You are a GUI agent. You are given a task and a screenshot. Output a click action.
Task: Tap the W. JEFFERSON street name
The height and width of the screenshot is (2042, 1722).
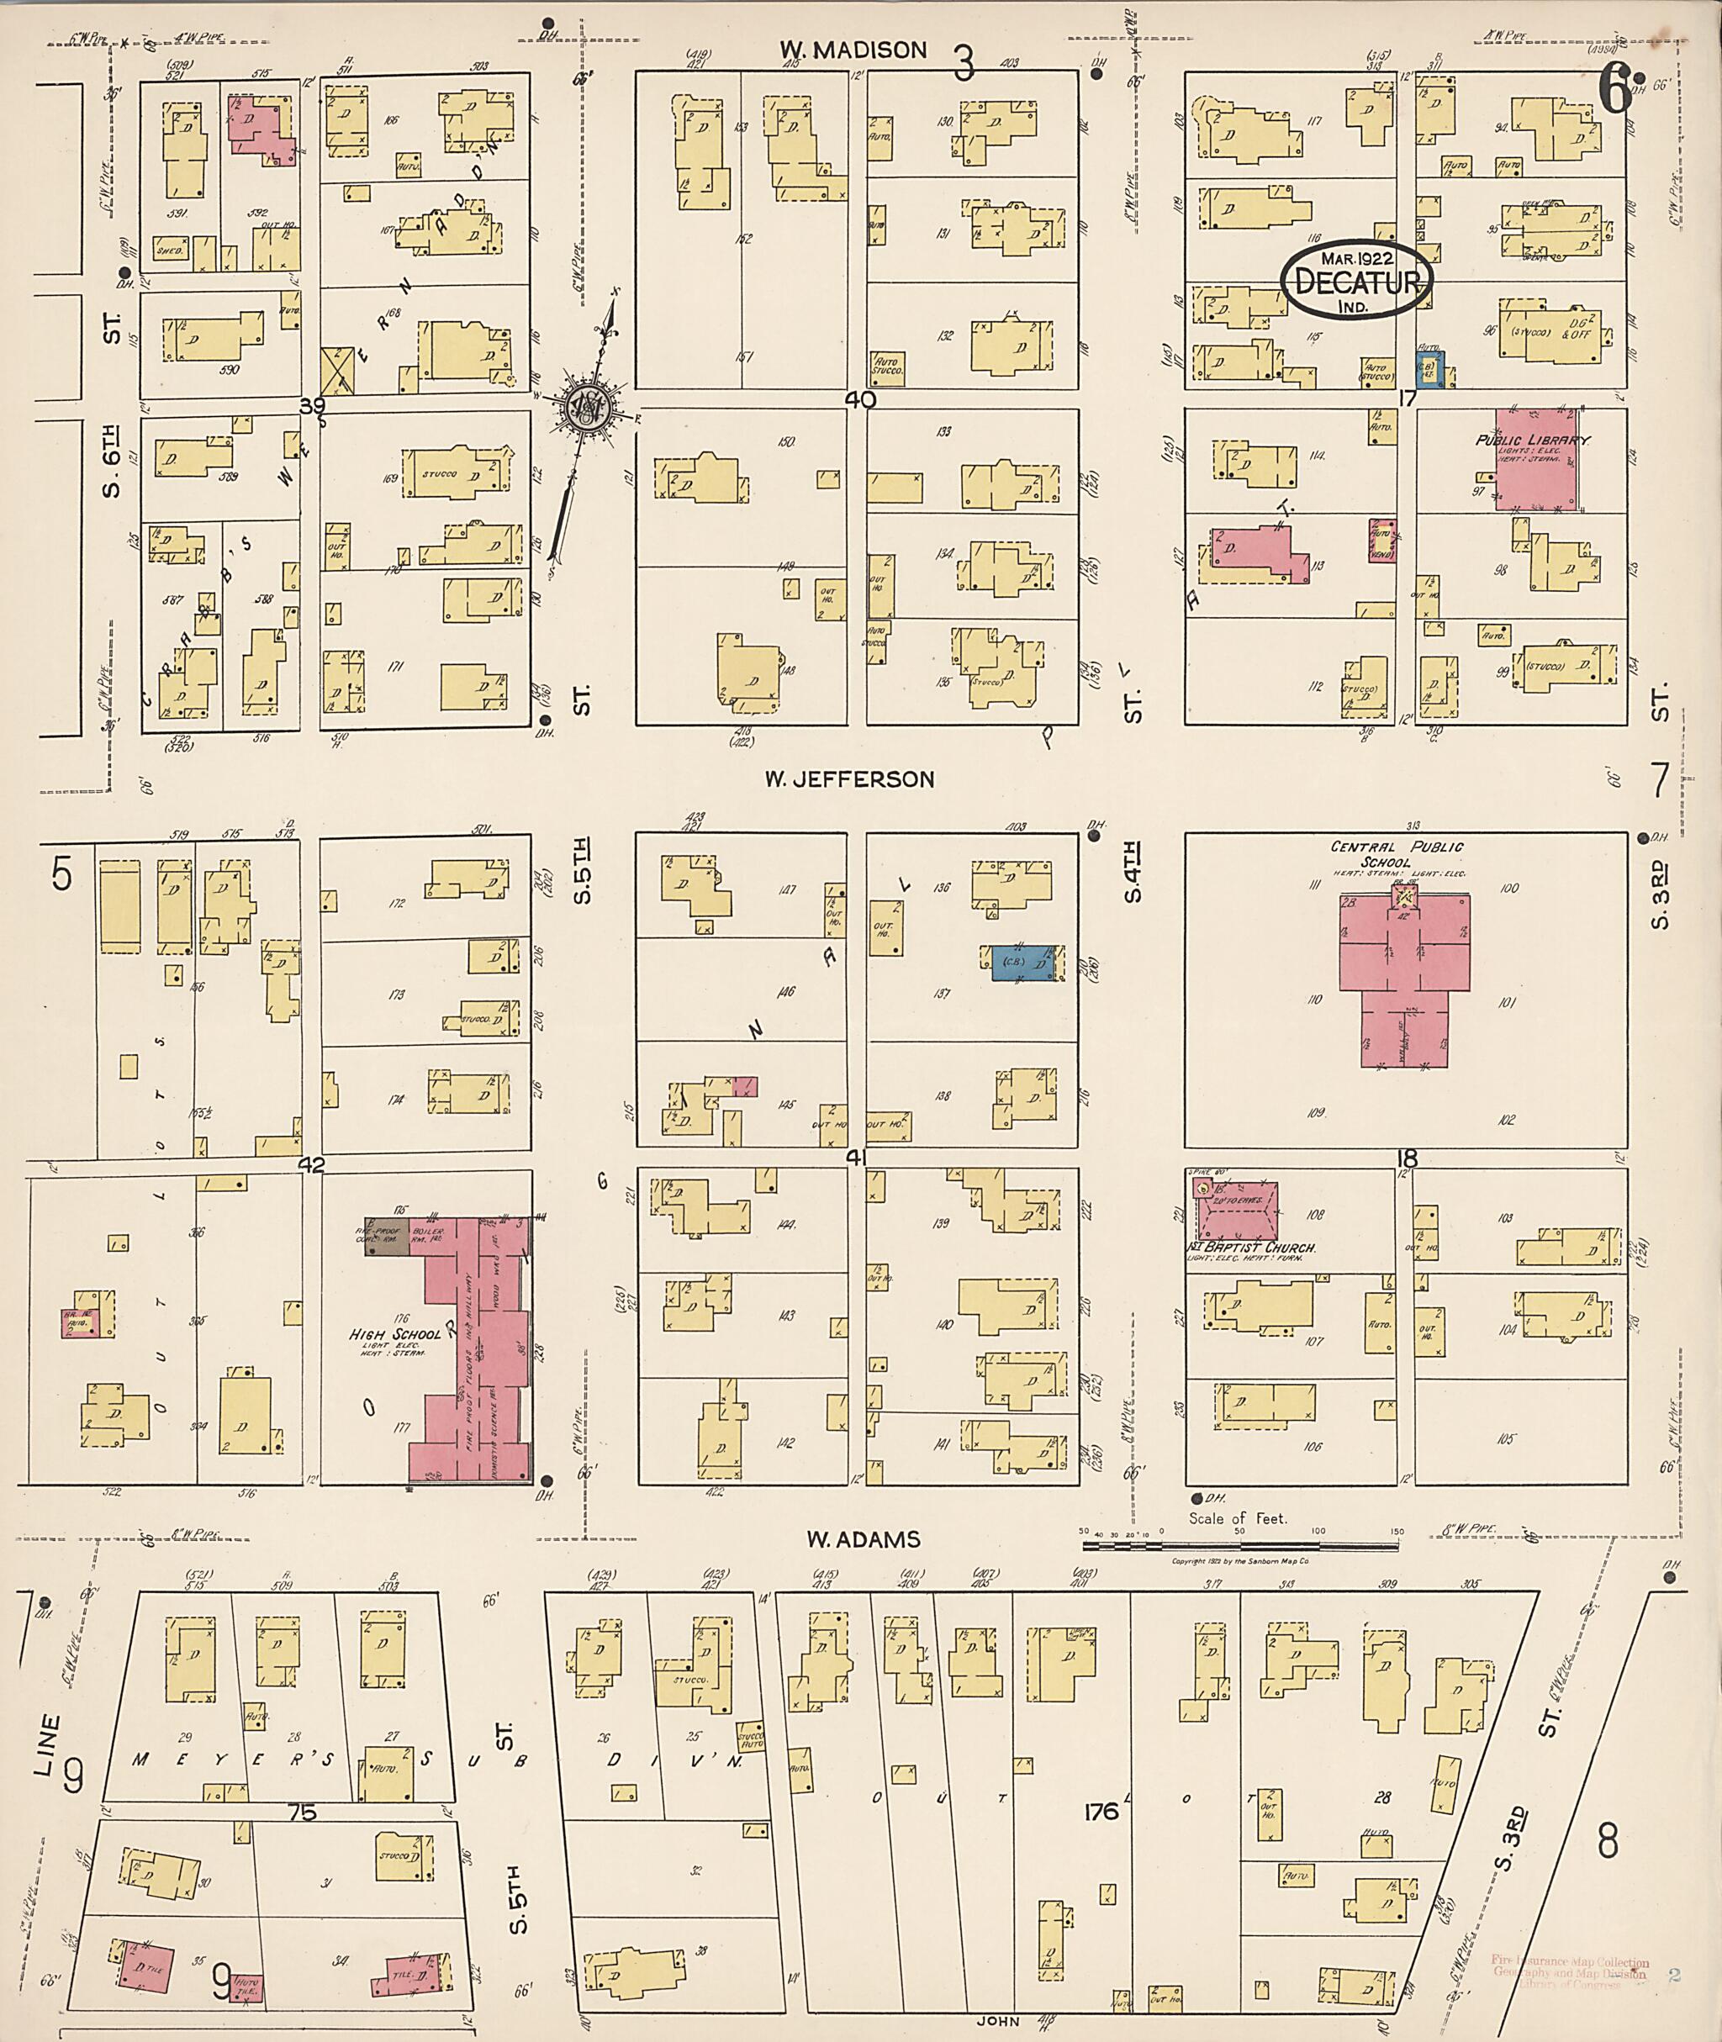(849, 779)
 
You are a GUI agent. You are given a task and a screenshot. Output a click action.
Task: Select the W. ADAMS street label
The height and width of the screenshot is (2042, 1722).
(863, 1539)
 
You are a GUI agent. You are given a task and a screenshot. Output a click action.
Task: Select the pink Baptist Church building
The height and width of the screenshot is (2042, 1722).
(1236, 1210)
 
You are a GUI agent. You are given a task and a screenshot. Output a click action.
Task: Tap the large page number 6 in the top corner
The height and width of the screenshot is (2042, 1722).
(1614, 96)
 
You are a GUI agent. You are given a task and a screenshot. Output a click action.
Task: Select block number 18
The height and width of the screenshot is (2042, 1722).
(1407, 1158)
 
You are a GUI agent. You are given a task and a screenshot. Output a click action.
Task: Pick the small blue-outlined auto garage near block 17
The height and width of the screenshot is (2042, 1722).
(1429, 371)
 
